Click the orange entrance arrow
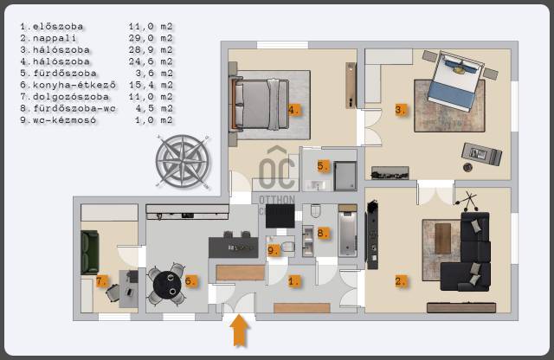click(240, 331)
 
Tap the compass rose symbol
click(183, 162)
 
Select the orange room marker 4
click(293, 110)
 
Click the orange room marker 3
click(400, 110)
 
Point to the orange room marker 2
click(400, 281)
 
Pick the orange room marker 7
click(101, 281)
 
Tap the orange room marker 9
click(274, 250)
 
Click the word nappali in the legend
click(55, 38)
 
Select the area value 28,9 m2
click(151, 50)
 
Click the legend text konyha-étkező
click(74, 85)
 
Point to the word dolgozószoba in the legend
click(71, 96)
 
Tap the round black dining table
click(167, 285)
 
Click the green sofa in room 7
click(90, 252)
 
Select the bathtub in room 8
click(347, 230)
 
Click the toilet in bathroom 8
click(315, 211)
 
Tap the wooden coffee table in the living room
click(442, 239)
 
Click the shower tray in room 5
click(345, 177)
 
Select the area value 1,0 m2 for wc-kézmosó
click(154, 119)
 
